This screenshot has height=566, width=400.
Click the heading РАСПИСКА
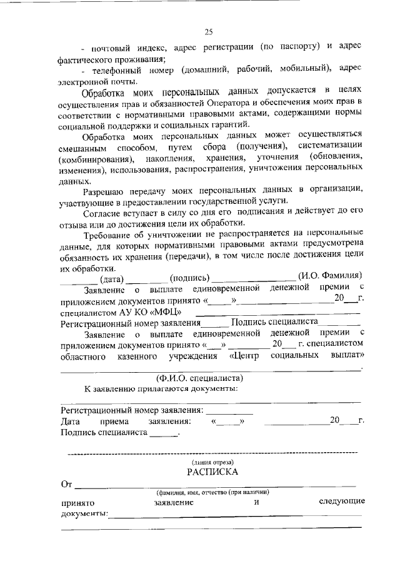pyautogui.click(x=211, y=472)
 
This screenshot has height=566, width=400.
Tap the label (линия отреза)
pyautogui.click(x=211, y=461)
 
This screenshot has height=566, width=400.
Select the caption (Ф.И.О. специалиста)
pyautogui.click(x=199, y=378)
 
